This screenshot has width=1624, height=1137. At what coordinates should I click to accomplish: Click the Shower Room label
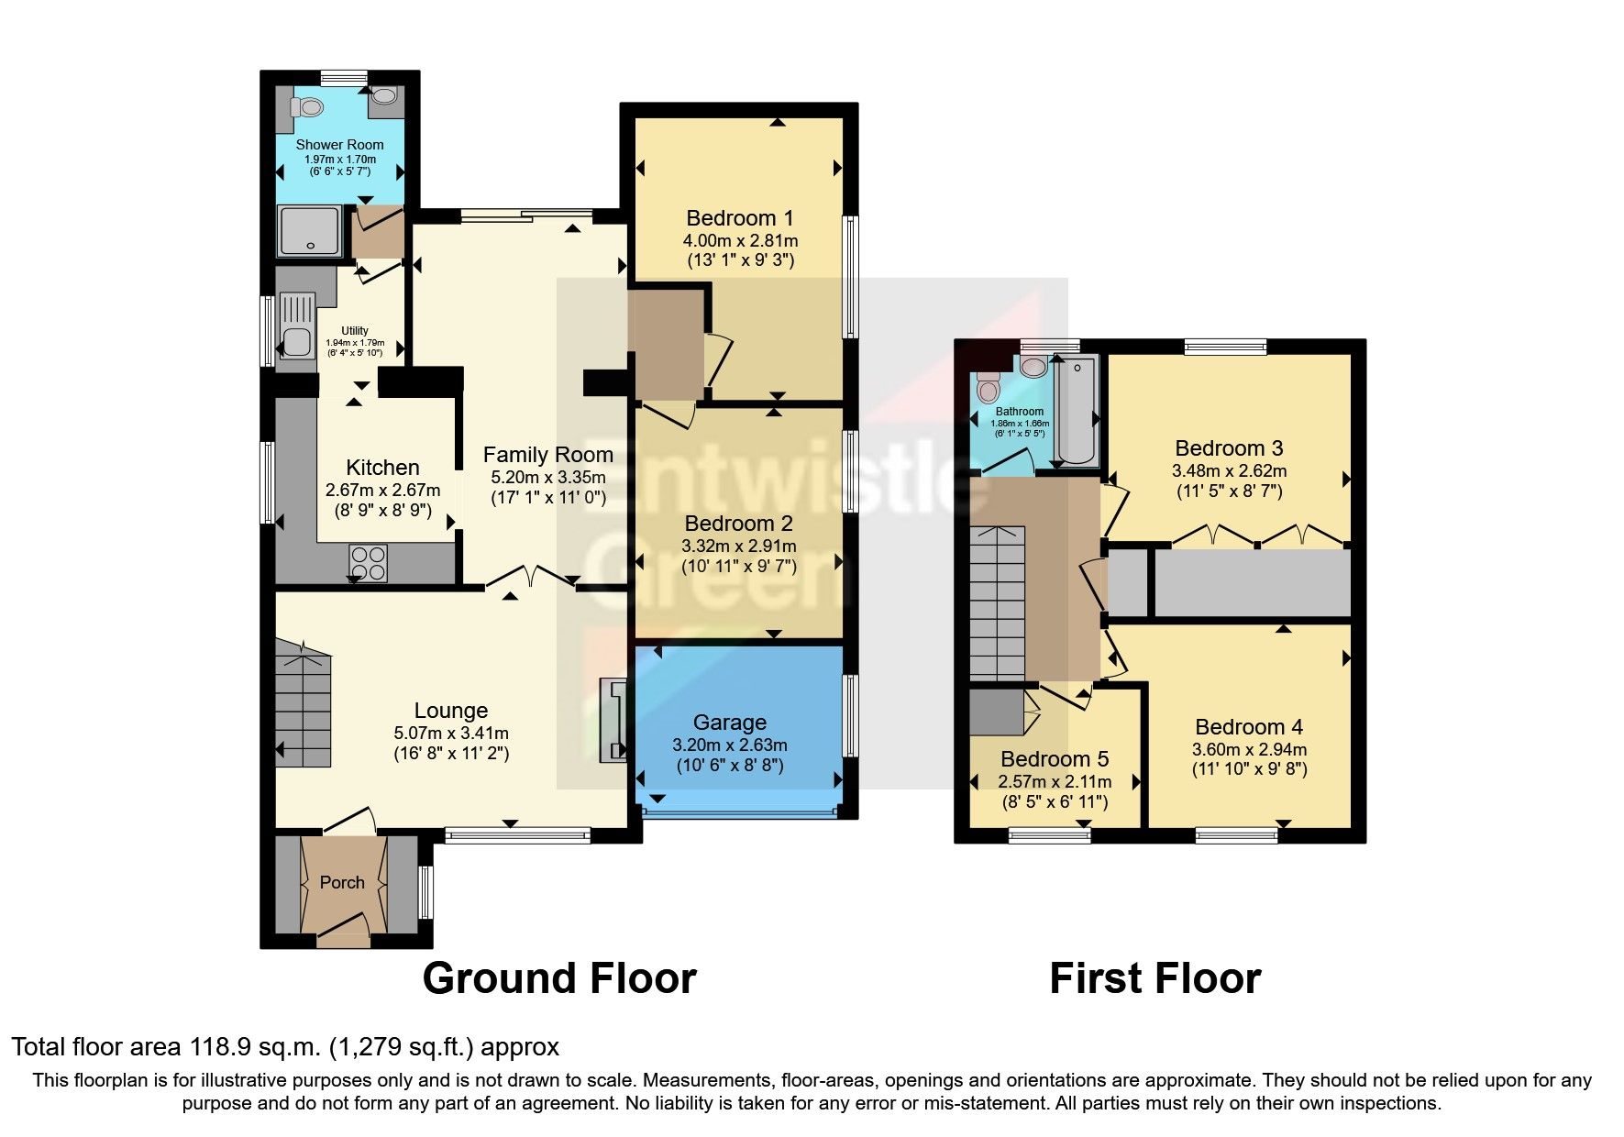[x=339, y=145]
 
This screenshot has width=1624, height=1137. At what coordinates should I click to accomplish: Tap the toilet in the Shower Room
[x=307, y=107]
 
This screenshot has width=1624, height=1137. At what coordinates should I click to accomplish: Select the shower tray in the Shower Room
[x=311, y=231]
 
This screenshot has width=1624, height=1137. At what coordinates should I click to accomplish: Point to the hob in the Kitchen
[x=368, y=563]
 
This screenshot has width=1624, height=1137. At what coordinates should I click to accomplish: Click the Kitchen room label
[x=382, y=468]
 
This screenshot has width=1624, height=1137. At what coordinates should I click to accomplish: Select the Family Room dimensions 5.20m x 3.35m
[x=548, y=478]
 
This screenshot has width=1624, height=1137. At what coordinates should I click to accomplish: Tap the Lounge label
[x=450, y=711]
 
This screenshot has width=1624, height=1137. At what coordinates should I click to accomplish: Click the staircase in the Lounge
[x=303, y=704]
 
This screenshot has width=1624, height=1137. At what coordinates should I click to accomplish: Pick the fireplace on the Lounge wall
[x=613, y=721]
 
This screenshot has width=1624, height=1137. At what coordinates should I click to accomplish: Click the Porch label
[x=342, y=883]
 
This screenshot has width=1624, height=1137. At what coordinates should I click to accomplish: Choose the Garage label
[x=730, y=723]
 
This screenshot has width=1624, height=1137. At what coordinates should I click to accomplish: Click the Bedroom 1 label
[x=740, y=218]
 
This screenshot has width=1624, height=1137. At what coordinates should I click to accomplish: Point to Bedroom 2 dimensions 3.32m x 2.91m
[x=739, y=546]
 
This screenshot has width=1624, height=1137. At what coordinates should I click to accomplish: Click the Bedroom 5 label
[x=1055, y=759]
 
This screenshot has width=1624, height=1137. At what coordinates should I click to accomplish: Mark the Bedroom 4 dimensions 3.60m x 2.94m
[x=1249, y=749]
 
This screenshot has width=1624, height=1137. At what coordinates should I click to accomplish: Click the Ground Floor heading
[x=559, y=978]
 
